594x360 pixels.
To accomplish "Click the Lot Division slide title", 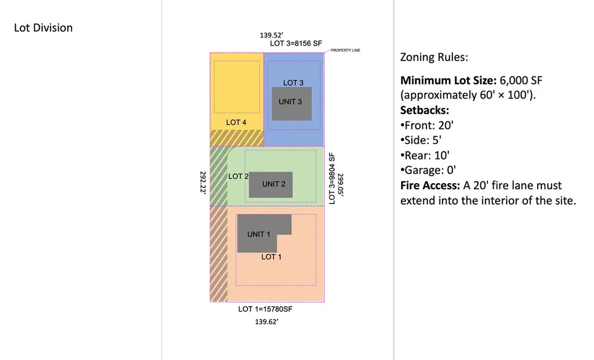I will tap(44, 28).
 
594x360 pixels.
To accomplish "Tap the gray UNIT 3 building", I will tap(292, 103).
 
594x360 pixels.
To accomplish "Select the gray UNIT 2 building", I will tap(270, 185).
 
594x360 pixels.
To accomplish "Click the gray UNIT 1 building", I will tap(259, 233).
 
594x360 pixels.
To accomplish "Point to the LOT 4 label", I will tap(236, 122).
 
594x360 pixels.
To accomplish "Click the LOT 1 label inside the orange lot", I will tap(271, 257).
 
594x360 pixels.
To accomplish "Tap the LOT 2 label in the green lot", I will tap(238, 176).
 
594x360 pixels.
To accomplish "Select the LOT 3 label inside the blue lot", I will tap(293, 83).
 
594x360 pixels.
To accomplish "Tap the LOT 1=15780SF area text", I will tap(265, 309).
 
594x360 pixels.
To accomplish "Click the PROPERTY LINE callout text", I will tap(346, 50).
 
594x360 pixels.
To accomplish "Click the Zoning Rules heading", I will tap(434, 58).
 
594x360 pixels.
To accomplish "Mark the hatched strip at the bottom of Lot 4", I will tap(237, 137).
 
